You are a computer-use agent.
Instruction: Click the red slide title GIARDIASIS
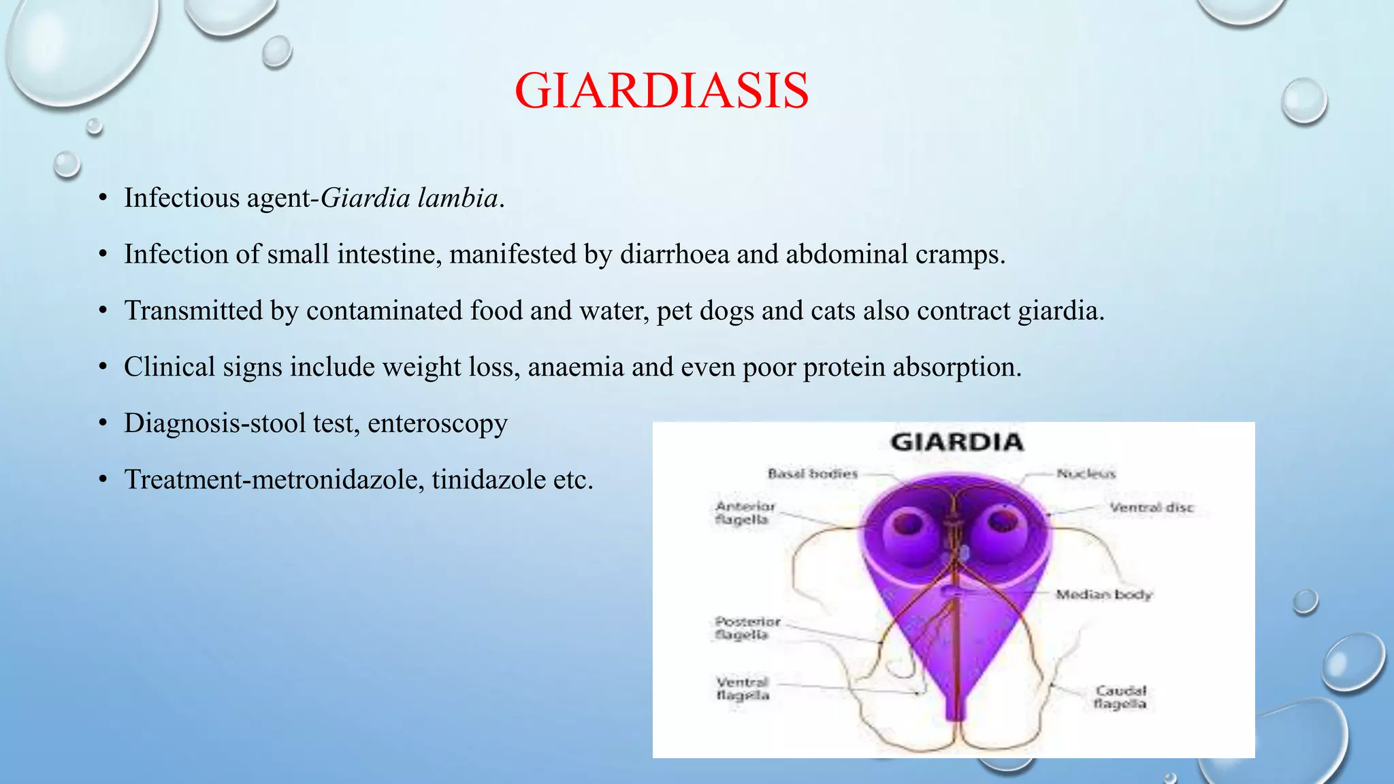click(662, 91)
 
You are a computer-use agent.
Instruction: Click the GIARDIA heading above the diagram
click(956, 442)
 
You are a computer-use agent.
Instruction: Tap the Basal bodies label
click(813, 474)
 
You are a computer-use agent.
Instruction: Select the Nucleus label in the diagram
click(1086, 474)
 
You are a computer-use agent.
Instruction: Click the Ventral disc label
click(1152, 508)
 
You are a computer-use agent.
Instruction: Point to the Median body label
click(1103, 595)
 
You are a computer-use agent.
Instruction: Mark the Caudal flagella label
click(1120, 698)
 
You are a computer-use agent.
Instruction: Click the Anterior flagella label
click(744, 513)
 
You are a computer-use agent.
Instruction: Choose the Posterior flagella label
click(747, 628)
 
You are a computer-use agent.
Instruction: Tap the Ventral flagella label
click(743, 689)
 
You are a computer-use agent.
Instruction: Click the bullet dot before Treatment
click(103, 480)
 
